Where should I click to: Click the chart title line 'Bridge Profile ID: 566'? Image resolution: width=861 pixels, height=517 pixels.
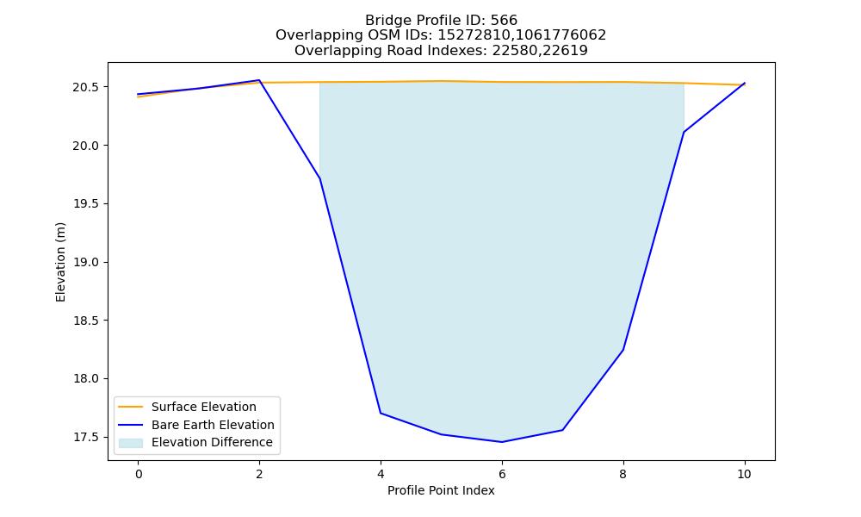[x=441, y=21]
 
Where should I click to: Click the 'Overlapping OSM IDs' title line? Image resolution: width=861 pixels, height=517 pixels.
[x=441, y=35]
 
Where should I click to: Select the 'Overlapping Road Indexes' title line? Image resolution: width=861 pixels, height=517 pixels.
[x=441, y=51]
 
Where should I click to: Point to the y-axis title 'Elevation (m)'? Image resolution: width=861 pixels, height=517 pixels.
[x=60, y=262]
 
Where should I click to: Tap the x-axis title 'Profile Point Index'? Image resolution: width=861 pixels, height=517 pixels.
[x=441, y=490]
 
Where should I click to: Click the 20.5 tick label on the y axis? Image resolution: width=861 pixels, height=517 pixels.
[x=85, y=87]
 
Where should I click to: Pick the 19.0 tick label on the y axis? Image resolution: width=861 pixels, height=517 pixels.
[x=85, y=263]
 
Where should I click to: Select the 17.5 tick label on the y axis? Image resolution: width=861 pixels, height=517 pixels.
[x=85, y=438]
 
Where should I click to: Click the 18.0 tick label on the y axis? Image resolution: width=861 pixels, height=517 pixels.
[x=85, y=379]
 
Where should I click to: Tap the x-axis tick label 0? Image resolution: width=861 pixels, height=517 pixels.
[x=139, y=474]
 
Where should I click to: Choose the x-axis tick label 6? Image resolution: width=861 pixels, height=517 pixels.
[x=502, y=474]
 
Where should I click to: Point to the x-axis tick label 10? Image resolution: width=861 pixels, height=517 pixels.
[x=744, y=474]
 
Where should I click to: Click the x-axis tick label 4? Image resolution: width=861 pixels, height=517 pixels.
[x=381, y=474]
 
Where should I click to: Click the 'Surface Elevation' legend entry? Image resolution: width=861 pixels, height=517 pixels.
[x=187, y=407]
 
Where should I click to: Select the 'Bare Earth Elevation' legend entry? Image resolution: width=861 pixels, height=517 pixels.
[x=196, y=425]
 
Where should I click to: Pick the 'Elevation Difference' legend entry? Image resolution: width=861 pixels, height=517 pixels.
[x=195, y=442]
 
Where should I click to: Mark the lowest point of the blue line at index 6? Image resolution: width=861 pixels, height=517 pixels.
[x=502, y=442]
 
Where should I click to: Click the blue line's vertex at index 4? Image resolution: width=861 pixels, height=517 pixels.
[x=381, y=413]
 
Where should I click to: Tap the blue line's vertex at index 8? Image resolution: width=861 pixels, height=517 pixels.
[x=623, y=350]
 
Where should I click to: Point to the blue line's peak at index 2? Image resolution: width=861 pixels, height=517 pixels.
[x=259, y=80]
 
